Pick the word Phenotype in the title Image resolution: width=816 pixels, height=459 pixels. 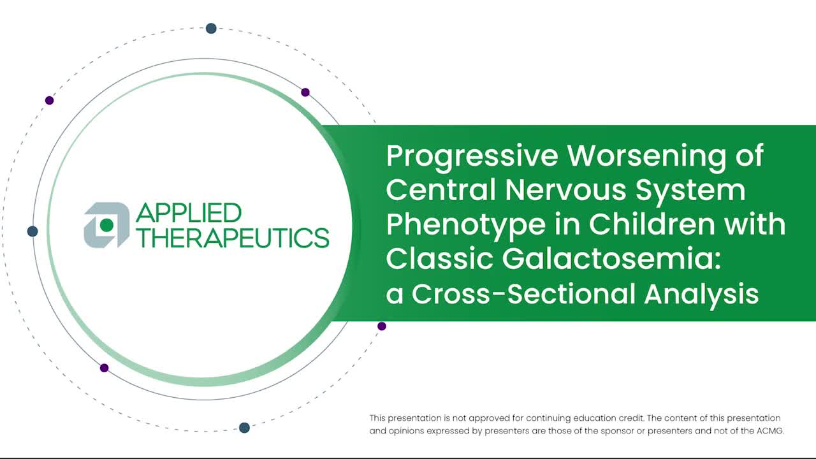(466, 226)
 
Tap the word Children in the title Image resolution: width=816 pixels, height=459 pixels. (652, 224)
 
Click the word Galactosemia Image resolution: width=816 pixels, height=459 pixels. (611, 259)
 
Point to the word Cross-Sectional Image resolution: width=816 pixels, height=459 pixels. (523, 294)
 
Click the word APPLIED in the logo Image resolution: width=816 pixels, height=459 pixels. (189, 213)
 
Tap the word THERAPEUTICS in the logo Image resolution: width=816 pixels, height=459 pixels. (233, 238)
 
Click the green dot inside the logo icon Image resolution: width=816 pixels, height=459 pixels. (106, 225)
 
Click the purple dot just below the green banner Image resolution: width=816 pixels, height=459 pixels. (382, 326)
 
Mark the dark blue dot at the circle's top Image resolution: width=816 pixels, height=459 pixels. (211, 29)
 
